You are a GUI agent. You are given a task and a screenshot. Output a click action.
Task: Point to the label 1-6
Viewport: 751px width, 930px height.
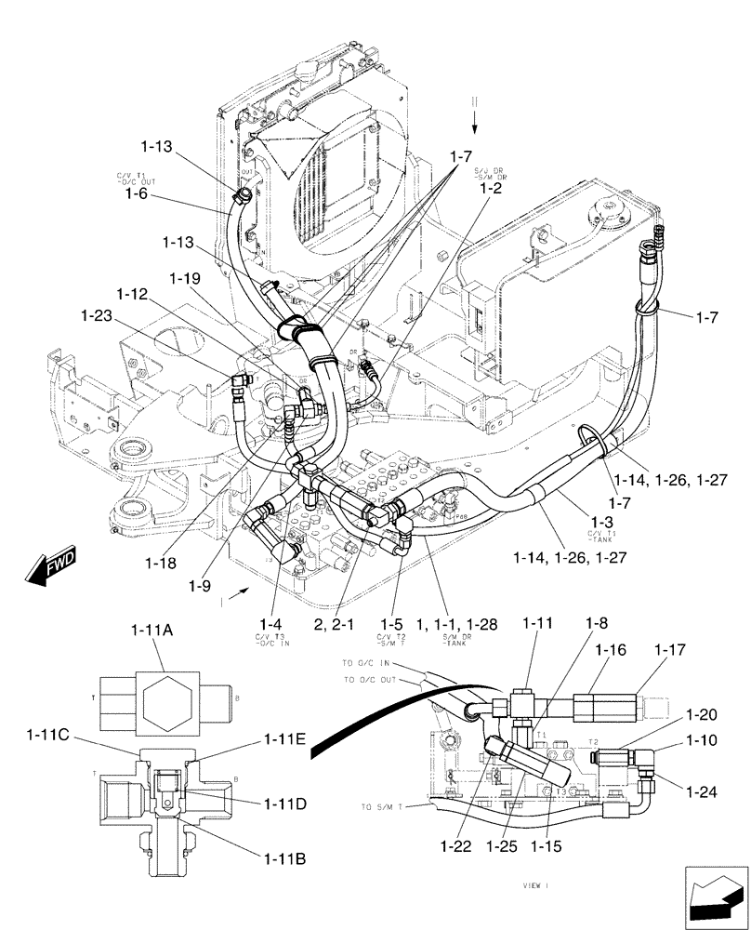click(131, 193)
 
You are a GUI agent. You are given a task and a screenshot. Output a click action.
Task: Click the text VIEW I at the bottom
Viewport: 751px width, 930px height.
click(538, 888)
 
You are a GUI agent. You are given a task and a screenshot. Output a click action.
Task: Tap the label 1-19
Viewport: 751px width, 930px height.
click(185, 277)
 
